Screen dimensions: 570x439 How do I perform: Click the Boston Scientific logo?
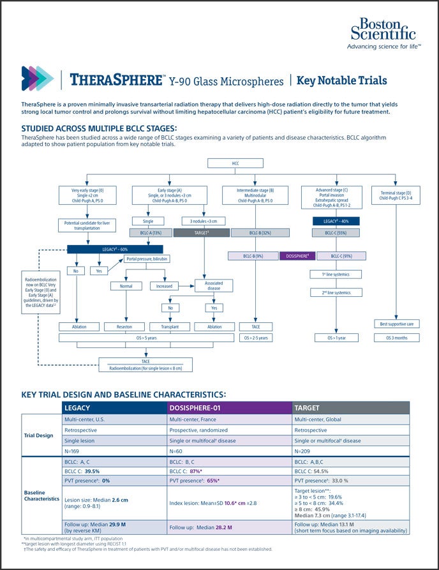[x=383, y=33]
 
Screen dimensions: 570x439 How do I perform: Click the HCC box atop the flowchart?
[x=235, y=163]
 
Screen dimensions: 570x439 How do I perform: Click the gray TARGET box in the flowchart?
[x=201, y=233]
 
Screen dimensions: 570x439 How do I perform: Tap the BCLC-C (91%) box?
[x=339, y=256]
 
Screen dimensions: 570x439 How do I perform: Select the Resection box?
[x=124, y=326]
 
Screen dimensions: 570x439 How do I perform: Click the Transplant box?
[x=170, y=326]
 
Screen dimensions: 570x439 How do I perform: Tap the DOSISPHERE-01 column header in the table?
[x=228, y=407]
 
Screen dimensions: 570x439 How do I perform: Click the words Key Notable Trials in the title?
[x=343, y=80]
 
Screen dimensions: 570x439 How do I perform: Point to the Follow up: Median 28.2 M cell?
[x=228, y=527]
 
